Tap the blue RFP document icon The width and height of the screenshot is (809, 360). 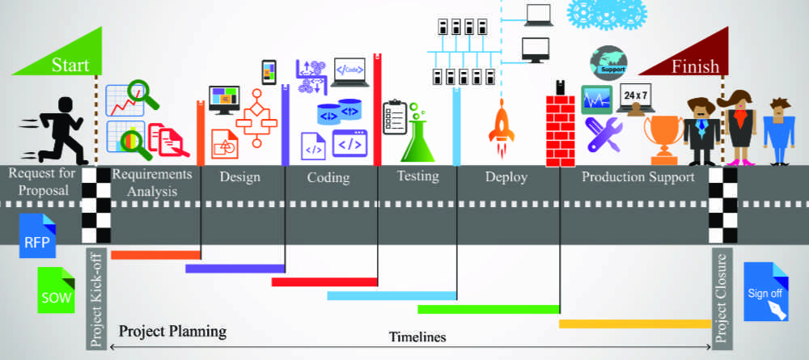click(37, 233)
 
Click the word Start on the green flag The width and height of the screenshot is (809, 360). click(70, 66)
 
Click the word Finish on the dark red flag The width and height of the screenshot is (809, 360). click(695, 66)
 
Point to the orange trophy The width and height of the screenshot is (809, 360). click(663, 138)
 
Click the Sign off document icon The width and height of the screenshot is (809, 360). click(765, 292)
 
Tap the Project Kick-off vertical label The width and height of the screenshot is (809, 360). click(96, 299)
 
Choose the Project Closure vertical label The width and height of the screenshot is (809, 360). click(722, 299)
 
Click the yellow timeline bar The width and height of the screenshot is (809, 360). click(635, 324)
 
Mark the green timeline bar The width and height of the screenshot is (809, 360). click(489, 309)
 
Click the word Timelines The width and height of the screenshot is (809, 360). click(417, 337)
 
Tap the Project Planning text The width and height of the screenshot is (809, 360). click(172, 331)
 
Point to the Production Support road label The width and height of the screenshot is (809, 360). click(638, 177)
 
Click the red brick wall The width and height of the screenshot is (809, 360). click(559, 129)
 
